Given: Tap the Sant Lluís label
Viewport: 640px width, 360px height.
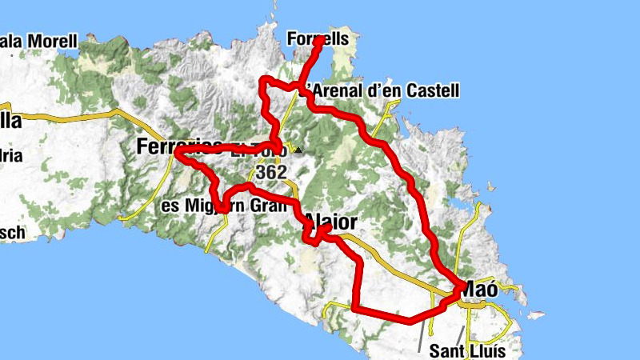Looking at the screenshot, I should [469, 350].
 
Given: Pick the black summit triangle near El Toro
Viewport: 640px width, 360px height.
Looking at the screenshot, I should [298, 150].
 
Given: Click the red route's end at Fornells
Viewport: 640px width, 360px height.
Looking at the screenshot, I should [320, 39].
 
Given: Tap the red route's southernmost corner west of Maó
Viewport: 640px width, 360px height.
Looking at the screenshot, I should [354, 307].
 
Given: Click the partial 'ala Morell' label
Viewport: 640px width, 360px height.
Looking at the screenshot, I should [40, 40].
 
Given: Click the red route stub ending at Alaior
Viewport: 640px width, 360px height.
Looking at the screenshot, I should [328, 227].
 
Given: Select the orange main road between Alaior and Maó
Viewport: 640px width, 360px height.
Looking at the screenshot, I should [400, 264].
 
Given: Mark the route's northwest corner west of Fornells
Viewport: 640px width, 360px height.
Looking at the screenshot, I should [263, 80].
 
